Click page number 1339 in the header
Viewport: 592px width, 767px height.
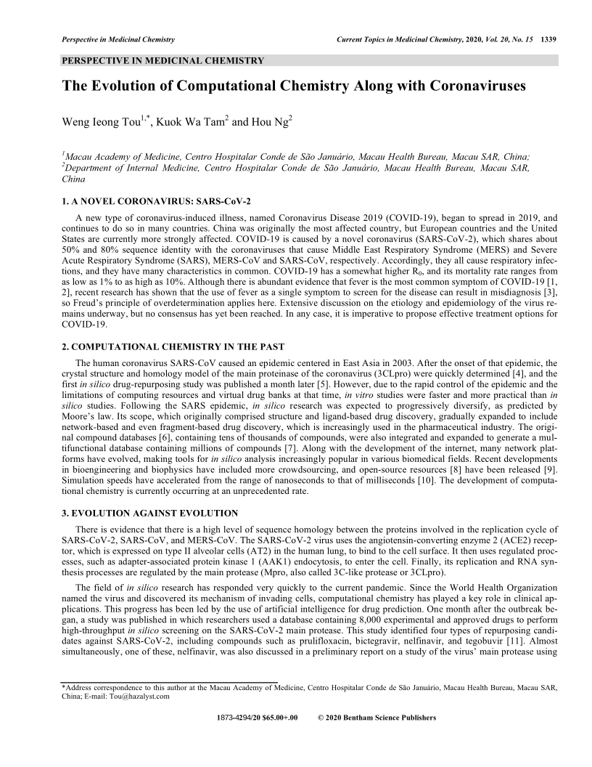pyautogui.click(x=549, y=38)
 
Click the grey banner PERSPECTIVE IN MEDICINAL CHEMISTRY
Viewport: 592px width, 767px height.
pyautogui.click(x=163, y=61)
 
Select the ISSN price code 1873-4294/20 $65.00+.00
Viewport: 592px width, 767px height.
pyautogui.click(x=258, y=718)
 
